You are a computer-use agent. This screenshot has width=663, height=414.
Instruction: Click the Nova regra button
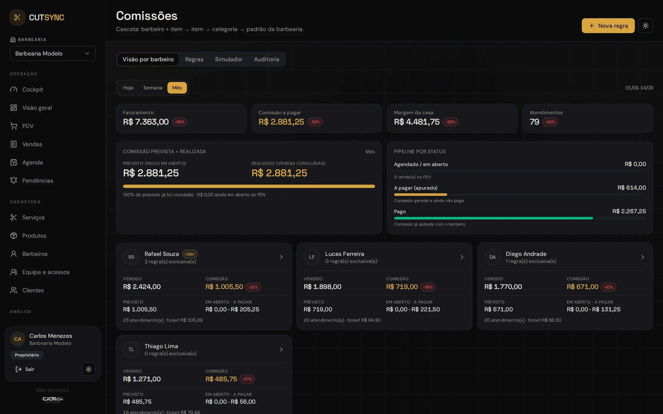click(608, 26)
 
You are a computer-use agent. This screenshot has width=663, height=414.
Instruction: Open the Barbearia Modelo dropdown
click(53, 53)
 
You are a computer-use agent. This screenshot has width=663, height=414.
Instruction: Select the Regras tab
click(194, 59)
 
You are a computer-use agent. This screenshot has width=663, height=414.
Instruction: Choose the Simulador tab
click(228, 59)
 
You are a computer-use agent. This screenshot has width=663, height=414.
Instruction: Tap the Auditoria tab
click(266, 59)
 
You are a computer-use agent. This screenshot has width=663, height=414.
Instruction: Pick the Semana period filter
click(153, 88)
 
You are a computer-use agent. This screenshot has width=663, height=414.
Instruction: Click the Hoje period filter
click(128, 88)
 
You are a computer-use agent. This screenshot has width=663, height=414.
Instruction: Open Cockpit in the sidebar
click(33, 90)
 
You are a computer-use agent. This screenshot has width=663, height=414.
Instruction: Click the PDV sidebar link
click(28, 126)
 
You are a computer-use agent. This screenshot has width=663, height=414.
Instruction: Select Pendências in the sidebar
click(38, 181)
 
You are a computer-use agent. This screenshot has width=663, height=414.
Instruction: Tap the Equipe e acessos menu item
click(46, 272)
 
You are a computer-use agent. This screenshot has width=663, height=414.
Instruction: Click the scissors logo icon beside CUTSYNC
click(17, 17)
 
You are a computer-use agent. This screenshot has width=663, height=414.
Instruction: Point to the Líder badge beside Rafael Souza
click(190, 254)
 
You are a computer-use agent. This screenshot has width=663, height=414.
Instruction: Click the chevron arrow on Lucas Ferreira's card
click(462, 257)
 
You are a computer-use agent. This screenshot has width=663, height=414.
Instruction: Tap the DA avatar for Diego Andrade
click(493, 257)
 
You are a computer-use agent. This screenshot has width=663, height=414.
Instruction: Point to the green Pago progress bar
click(493, 218)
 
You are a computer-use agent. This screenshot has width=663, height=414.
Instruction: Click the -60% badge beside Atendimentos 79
click(550, 122)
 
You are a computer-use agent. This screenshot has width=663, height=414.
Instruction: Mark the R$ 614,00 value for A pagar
click(632, 188)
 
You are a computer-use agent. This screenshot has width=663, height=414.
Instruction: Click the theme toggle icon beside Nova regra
click(646, 26)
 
